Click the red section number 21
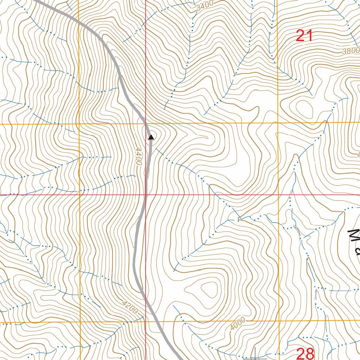(x=304, y=36)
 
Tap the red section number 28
(x=305, y=353)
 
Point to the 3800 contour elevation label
(x=351, y=51)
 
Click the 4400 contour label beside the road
(x=138, y=156)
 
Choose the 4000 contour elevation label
(x=238, y=324)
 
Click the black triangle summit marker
(x=151, y=137)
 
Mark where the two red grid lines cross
(x=146, y=194)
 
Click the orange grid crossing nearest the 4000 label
(x=279, y=321)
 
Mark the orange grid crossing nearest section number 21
(x=278, y=123)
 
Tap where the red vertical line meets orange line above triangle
(x=146, y=124)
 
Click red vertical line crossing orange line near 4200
(x=146, y=321)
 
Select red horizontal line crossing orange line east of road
(x=279, y=194)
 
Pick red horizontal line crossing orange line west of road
(x=80, y=194)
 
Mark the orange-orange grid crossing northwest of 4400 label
(x=79, y=124)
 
